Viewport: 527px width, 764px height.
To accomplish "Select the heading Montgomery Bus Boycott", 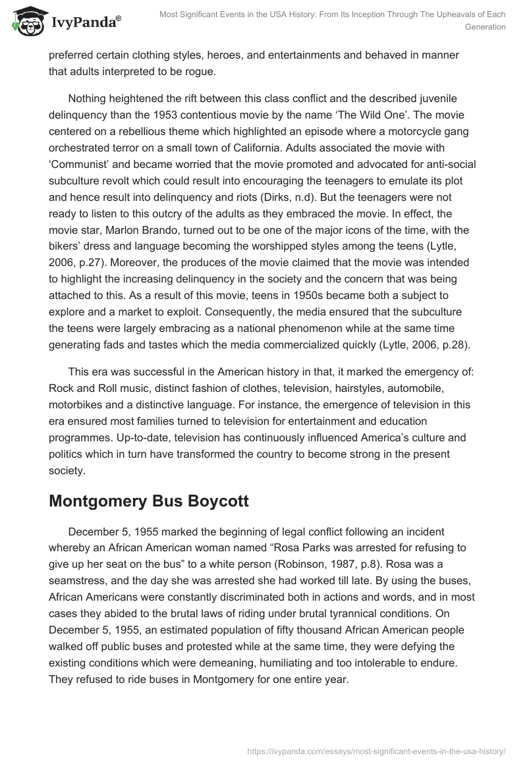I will (149, 501).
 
